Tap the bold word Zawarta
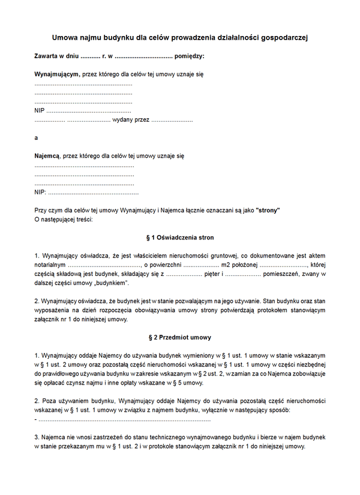pyautogui.click(x=47, y=56)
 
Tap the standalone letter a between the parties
pyautogui.click(x=36, y=137)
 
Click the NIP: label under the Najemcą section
pyautogui.click(x=40, y=193)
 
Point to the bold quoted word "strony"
pyautogui.click(x=268, y=211)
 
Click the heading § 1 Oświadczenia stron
pyautogui.click(x=180, y=238)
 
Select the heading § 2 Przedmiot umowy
pyautogui.click(x=180, y=337)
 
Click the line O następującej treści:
pyautogui.click(x=64, y=220)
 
